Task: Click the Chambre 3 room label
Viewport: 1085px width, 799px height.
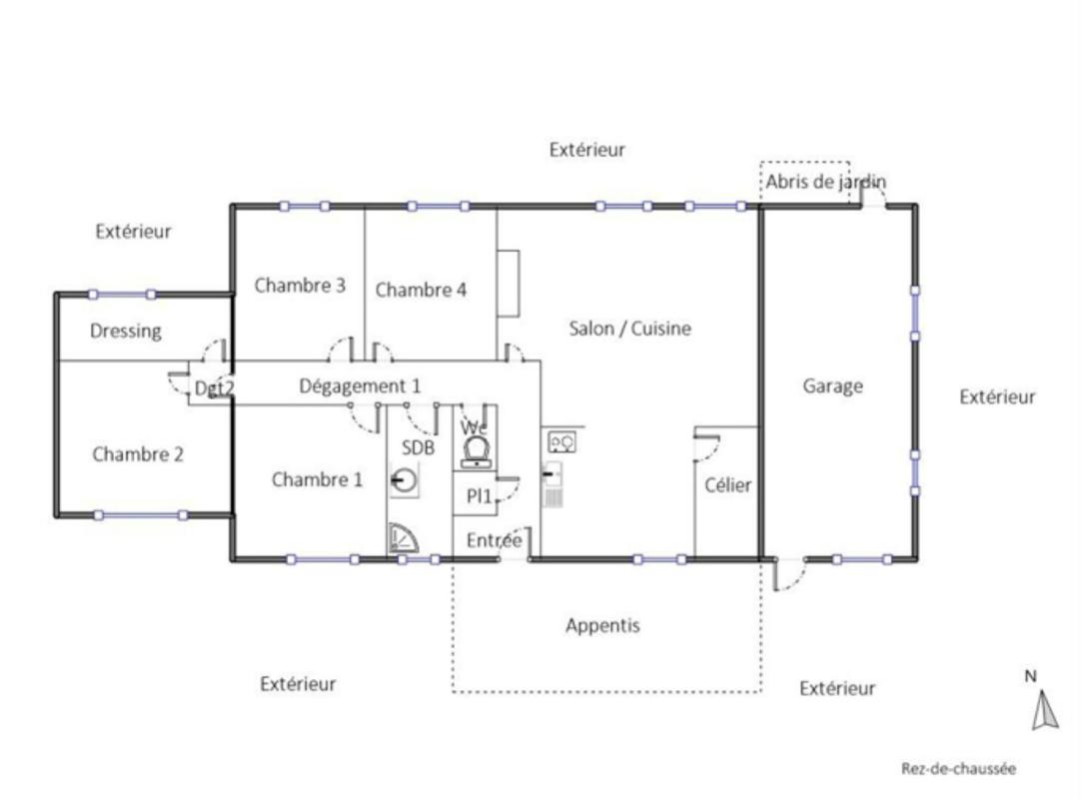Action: point(300,285)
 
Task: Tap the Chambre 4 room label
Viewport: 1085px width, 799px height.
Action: point(421,290)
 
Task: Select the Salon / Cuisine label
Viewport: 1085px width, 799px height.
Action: point(629,328)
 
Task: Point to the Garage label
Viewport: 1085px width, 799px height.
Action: point(832,386)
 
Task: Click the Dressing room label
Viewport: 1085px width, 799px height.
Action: point(126,331)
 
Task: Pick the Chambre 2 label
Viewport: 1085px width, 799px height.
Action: point(138,453)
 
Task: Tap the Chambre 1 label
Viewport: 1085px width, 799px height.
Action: point(317,479)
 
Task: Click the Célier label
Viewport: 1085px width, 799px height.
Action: point(728,485)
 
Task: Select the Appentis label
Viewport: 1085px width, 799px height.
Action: point(602,625)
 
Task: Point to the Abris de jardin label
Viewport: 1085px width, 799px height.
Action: point(825,182)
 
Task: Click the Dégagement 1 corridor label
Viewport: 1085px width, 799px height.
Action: point(360,386)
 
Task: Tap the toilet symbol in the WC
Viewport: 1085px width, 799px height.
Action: point(477,451)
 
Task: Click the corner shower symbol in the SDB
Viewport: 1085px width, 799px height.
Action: point(403,538)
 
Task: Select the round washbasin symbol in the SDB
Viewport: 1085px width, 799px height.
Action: point(404,479)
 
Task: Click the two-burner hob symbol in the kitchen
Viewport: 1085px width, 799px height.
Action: point(561,442)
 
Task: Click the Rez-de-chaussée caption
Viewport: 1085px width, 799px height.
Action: point(958,769)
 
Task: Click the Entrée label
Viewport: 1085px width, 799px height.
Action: point(495,540)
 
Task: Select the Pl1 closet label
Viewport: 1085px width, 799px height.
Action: point(479,496)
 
